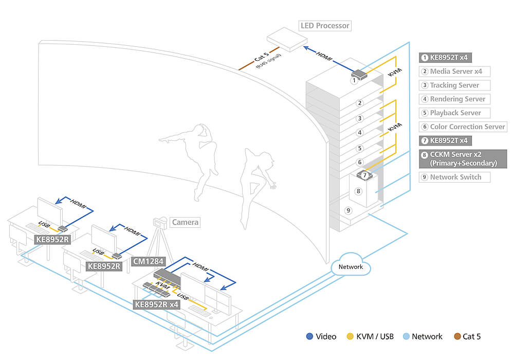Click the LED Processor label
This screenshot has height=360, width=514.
click(324, 25)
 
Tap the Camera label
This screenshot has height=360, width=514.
click(185, 222)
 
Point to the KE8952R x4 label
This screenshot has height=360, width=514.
click(156, 304)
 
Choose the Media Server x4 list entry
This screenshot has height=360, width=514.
click(455, 71)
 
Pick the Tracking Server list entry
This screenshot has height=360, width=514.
click(455, 85)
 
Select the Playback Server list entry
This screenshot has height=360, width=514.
click(455, 113)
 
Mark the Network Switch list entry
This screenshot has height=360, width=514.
click(455, 177)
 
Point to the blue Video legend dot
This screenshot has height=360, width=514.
click(309, 337)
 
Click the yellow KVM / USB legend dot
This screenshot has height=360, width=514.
click(350, 337)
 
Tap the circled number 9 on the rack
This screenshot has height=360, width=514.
click(348, 210)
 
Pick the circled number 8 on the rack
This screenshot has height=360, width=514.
click(359, 191)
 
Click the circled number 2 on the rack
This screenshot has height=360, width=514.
click(360, 103)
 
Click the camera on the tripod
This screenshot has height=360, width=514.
click(160, 223)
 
